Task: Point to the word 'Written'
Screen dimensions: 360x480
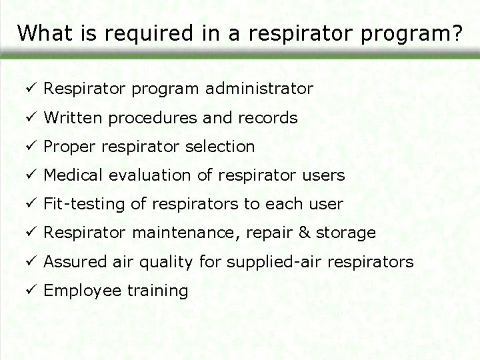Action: click(71, 118)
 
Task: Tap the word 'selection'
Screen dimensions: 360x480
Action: click(222, 147)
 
